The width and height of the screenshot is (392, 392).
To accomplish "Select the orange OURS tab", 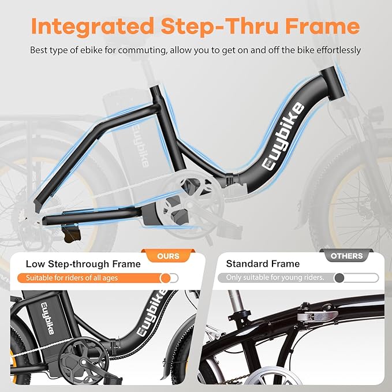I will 168,256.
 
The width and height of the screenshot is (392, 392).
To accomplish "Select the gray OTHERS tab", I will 347,256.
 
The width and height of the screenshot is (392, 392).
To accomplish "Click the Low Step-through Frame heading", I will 83,264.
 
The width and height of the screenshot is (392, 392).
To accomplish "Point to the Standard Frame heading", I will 263,264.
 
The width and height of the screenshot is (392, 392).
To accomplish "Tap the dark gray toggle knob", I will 339,278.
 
